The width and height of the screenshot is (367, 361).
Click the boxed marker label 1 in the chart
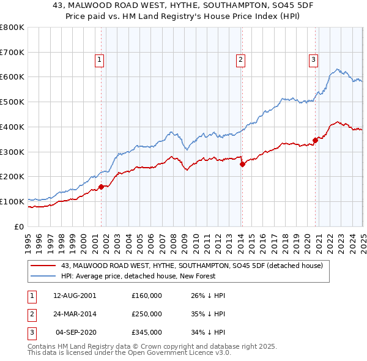pyautogui.click(x=99, y=60)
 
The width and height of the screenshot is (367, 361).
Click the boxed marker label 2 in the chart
pyautogui.click(x=241, y=60)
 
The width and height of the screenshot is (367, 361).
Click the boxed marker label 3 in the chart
pyautogui.click(x=313, y=60)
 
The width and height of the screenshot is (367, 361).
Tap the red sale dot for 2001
pyautogui.click(x=102, y=187)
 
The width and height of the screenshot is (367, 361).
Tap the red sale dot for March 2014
pyautogui.click(x=242, y=164)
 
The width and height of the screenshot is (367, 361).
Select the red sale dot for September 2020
pyautogui.click(x=316, y=140)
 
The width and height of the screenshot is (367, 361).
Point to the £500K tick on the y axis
pyautogui.click(x=13, y=102)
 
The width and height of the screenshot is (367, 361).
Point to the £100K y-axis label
pyautogui.click(x=13, y=201)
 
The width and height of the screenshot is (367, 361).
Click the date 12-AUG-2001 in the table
pyautogui.click(x=75, y=296)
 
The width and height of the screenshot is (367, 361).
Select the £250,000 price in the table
pyautogui.click(x=147, y=314)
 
